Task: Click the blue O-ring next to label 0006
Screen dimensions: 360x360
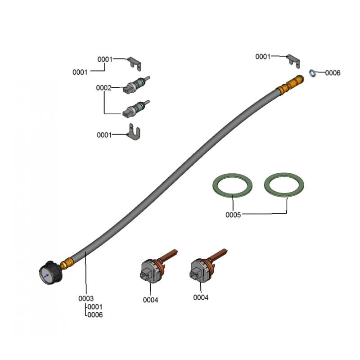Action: point(312,73)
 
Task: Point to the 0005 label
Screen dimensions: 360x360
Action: point(233,215)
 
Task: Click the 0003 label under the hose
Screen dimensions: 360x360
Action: point(86,298)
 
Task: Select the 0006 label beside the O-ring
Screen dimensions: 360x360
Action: point(333,73)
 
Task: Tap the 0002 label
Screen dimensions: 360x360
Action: point(103,88)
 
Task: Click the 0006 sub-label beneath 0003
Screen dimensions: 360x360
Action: point(95,315)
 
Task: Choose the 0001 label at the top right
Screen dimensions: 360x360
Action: point(263,57)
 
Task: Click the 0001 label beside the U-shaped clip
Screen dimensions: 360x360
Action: point(104,135)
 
